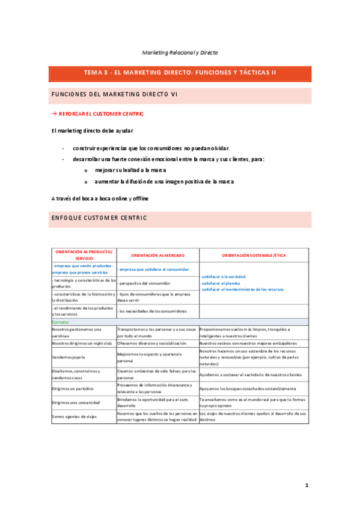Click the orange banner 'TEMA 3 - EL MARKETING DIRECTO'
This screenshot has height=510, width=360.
point(180,72)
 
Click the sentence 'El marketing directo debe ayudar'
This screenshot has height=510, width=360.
point(93,131)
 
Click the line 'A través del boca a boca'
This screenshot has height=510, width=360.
point(100,198)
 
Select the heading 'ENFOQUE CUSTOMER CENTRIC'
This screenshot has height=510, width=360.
point(99,218)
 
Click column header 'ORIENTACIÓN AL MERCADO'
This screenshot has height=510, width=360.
point(157,255)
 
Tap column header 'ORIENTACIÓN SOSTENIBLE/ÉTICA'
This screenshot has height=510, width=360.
point(254,255)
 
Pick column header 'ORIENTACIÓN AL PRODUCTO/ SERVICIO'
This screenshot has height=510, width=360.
point(83,255)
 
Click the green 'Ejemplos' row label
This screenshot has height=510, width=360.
point(60,322)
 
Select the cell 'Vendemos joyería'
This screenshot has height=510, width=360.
point(68,355)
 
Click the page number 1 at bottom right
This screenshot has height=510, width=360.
point(305,485)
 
